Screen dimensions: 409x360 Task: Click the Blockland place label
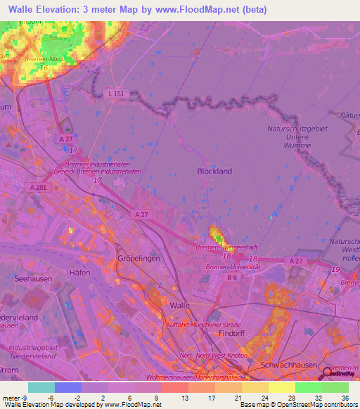pyautogui.click(x=214, y=171)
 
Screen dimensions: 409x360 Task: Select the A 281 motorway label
pyautogui.click(x=41, y=187)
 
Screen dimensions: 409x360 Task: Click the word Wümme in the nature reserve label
pyautogui.click(x=298, y=146)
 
